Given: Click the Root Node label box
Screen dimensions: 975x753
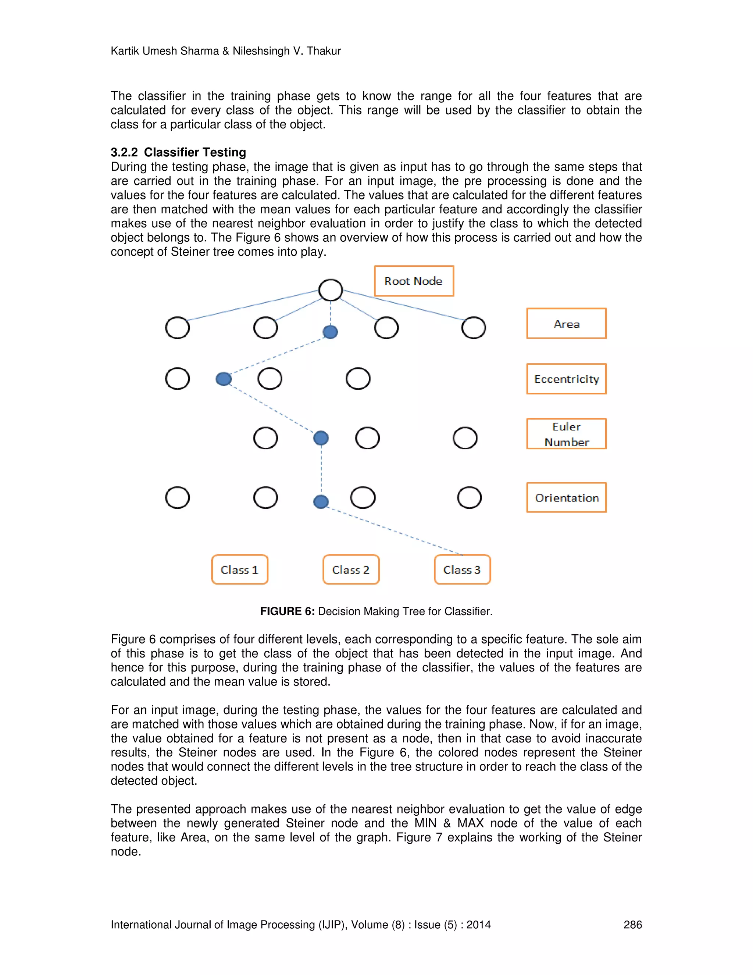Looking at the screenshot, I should pos(414,281).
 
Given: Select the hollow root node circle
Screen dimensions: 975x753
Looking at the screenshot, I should pos(331,290).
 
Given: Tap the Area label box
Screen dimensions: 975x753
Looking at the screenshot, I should pos(566,323).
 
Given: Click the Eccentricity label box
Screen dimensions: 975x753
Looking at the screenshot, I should pos(566,379).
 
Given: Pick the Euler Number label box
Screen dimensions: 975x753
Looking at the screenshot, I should pos(566,433).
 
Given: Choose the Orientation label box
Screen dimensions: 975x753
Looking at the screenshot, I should pos(566,497).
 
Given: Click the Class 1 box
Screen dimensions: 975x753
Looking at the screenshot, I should pos(240,569).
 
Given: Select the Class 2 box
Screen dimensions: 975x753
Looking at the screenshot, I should pos(351,569).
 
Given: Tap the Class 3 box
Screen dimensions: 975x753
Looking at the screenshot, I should pos(462,569).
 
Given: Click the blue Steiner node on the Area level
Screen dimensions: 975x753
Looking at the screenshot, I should pos(330,332).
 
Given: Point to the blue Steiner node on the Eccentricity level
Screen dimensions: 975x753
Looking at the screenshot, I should pos(224,379).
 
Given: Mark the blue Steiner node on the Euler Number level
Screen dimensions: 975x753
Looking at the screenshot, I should pos(321,438).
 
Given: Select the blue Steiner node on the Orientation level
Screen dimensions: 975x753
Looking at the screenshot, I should pos(321,502).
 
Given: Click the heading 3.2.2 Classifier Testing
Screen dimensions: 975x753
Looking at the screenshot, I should pos(178,152).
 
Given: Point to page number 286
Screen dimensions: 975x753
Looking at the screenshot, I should pos(632,925).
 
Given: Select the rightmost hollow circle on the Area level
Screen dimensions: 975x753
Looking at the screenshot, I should pos(473,328).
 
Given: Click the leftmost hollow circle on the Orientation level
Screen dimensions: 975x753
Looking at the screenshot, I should pos(177,497).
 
